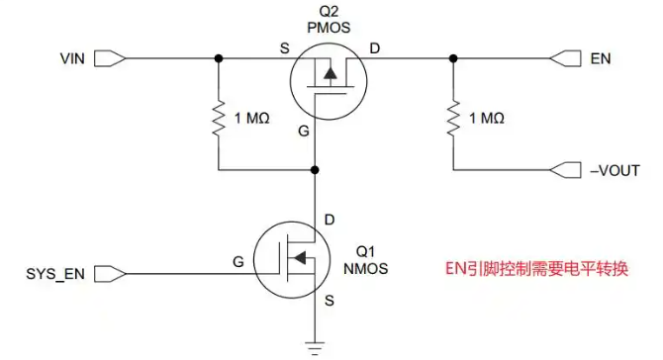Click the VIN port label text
tap(72, 58)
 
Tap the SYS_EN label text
tap(55, 274)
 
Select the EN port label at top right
tap(601, 58)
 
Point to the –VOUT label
tap(615, 171)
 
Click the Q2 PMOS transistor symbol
tap(329, 81)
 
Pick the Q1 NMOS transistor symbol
tap(292, 260)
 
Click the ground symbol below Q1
tap(315, 347)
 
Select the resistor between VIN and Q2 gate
tap(219, 119)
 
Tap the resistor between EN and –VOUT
tap(453, 119)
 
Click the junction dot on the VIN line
tap(219, 58)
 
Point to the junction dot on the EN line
tap(453, 58)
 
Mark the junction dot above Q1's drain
tap(315, 170)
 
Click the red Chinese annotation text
tap(536, 269)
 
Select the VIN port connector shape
tap(110, 58)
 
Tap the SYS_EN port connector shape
tap(110, 274)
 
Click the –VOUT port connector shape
tap(565, 170)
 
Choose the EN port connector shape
tap(565, 58)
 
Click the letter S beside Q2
tap(285, 48)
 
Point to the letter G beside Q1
tap(238, 262)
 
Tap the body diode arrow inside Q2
tap(331, 74)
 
